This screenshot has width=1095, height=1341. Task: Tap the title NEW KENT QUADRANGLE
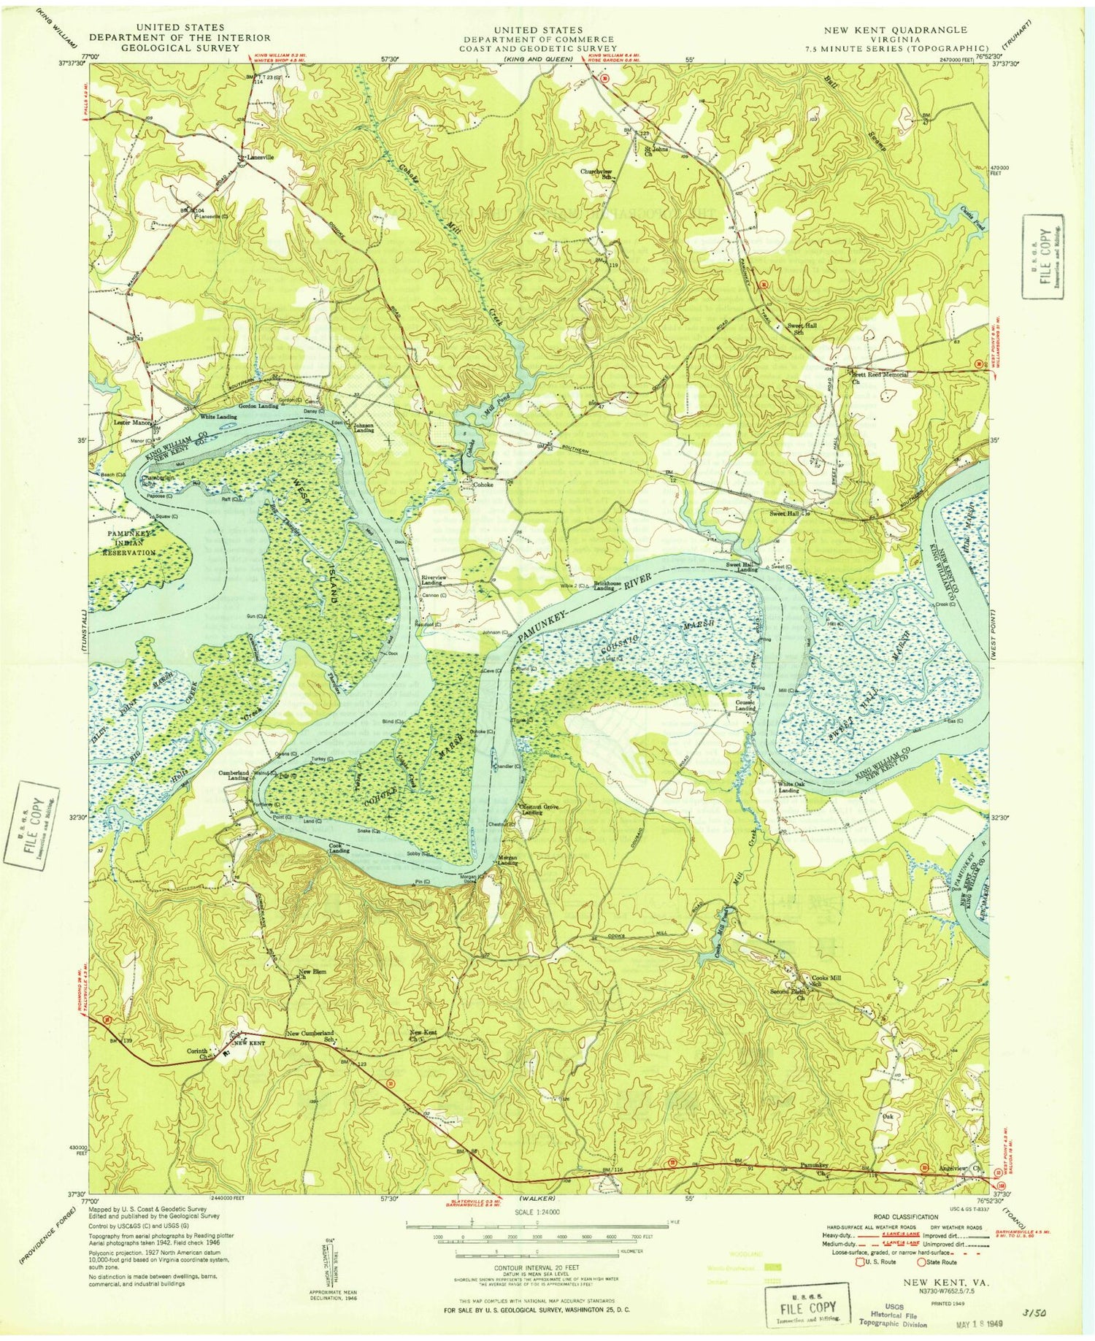click(x=895, y=30)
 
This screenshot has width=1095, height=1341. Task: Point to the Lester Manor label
click(x=131, y=423)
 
